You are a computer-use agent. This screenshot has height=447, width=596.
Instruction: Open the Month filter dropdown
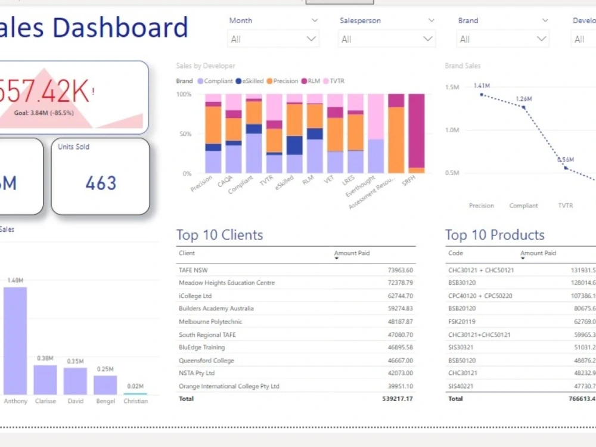[273, 39]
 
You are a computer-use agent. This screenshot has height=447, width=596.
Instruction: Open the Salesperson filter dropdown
[386, 39]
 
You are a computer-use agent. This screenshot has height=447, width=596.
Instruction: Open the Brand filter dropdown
[502, 39]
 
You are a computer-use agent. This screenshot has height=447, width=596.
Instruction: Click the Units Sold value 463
[101, 183]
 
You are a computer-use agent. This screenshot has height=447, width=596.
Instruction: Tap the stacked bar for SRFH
[417, 134]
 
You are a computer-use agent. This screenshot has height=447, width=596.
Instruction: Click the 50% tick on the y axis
[184, 134]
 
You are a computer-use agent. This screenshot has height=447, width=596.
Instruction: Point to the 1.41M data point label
[482, 86]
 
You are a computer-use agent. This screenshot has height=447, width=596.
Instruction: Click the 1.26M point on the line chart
[523, 107]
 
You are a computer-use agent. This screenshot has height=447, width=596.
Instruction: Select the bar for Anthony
[15, 340]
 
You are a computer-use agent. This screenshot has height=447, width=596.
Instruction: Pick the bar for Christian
[135, 393]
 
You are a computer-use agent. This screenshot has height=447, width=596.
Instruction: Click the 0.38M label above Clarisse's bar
[45, 358]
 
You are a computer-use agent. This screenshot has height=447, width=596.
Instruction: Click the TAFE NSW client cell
[193, 270]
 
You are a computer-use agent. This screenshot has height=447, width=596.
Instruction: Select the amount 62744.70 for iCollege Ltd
[400, 296]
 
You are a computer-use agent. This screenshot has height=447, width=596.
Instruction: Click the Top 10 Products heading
[495, 235]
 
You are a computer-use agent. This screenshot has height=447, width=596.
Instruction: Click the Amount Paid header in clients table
[352, 253]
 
